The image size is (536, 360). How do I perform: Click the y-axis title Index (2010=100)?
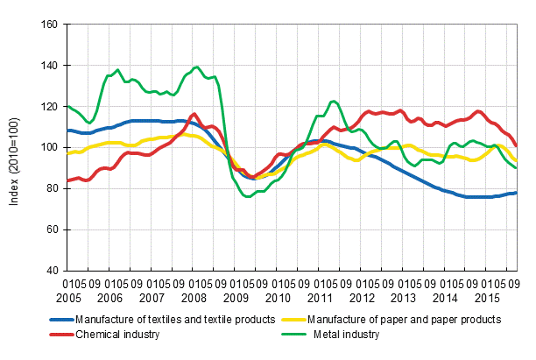(15, 146)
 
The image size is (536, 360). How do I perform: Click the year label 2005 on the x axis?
(75, 298)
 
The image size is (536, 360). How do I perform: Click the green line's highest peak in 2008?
(196, 67)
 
